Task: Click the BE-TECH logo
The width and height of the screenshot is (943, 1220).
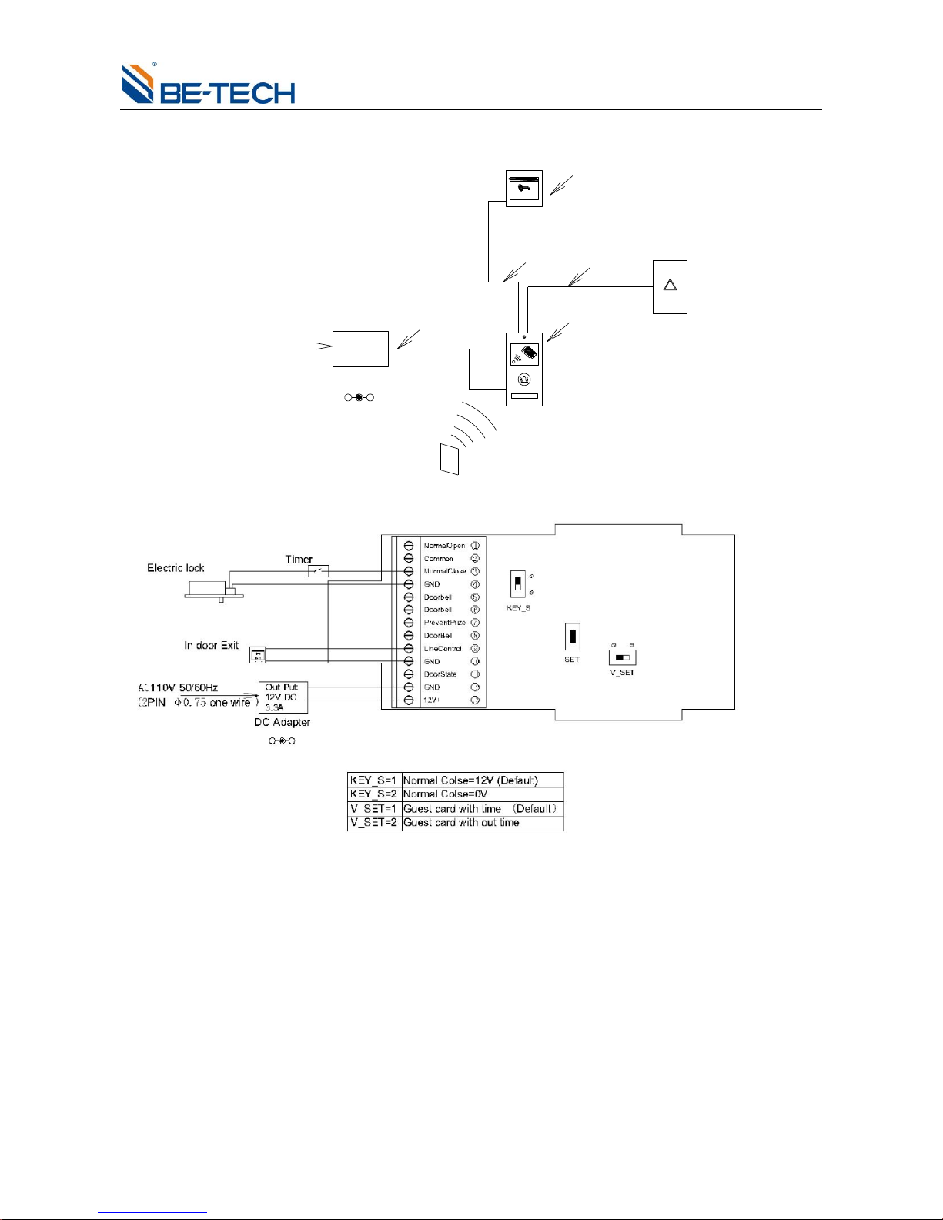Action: (208, 84)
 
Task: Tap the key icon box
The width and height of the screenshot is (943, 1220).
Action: (524, 189)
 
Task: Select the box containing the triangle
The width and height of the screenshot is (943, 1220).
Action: (670, 287)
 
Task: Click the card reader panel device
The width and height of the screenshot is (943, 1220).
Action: (524, 369)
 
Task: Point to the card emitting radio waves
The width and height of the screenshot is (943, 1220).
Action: (450, 459)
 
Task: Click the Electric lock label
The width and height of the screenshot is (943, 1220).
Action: (176, 568)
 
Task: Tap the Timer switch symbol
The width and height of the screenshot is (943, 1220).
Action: (318, 571)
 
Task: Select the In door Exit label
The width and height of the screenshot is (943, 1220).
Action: (211, 646)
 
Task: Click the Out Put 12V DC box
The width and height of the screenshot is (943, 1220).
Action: (283, 697)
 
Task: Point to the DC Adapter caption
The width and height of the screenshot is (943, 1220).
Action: (282, 723)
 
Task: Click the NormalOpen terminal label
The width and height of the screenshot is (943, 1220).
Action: (444, 546)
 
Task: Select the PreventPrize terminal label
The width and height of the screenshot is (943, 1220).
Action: (444, 623)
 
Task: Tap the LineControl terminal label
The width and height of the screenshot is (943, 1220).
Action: (443, 649)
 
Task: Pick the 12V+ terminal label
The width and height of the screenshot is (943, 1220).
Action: (432, 700)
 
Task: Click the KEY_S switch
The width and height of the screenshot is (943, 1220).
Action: (518, 583)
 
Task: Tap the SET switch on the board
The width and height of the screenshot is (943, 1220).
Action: (572, 637)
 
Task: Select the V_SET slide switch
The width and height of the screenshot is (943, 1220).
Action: (622, 658)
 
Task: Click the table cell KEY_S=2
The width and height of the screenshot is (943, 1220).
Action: (374, 794)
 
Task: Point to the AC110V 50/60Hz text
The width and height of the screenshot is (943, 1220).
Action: (178, 687)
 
